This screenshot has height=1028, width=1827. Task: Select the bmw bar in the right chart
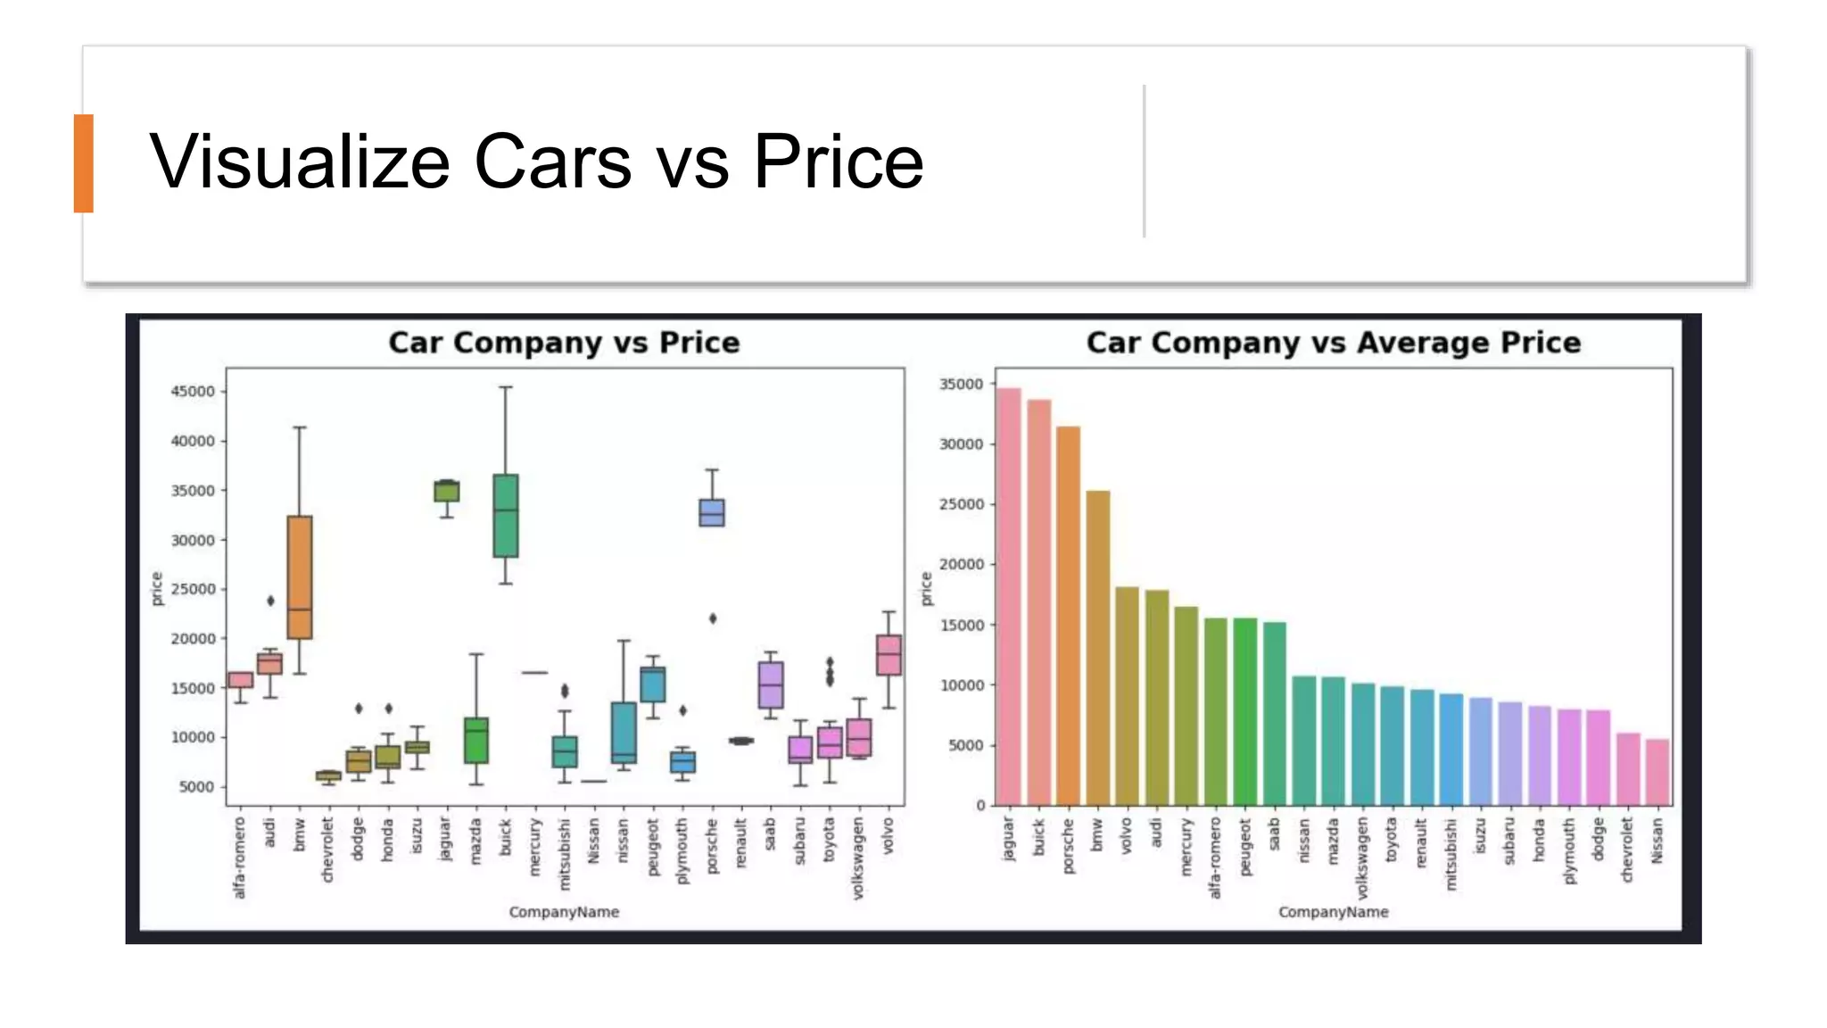point(1097,648)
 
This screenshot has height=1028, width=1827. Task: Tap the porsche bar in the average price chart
point(1068,616)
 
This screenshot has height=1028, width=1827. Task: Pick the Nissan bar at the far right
point(1657,772)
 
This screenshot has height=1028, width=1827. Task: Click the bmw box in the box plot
point(300,576)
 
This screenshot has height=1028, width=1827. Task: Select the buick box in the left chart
point(506,516)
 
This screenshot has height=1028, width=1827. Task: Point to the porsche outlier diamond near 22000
point(713,618)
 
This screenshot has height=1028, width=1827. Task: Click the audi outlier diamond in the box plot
point(270,601)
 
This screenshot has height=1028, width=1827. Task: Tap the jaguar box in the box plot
point(447,491)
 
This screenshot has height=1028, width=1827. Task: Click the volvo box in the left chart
point(889,655)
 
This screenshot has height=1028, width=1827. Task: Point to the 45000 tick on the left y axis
point(194,392)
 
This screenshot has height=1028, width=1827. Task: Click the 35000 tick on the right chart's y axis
point(962,385)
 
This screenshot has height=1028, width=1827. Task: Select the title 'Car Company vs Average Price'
point(1333,343)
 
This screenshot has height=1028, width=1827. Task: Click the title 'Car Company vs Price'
point(564,343)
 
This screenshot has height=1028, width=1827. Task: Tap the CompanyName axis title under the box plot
point(564,912)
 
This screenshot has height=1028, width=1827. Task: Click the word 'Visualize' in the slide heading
point(300,162)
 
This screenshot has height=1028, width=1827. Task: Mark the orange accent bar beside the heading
point(84,163)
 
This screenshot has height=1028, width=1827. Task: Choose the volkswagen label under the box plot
point(858,858)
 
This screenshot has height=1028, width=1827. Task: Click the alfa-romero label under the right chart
point(1215,858)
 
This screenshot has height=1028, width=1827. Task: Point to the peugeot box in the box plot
point(653,684)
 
